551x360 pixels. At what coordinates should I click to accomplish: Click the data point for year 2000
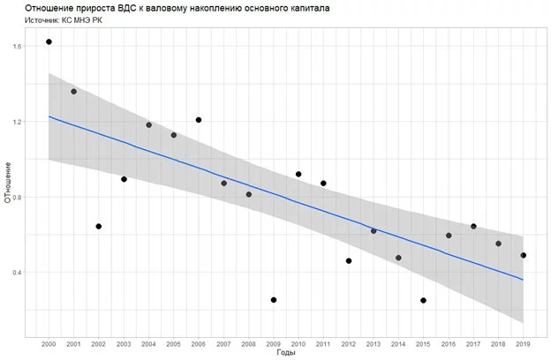(49, 41)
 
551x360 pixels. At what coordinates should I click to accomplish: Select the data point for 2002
(99, 226)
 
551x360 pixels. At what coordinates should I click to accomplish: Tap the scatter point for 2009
(274, 300)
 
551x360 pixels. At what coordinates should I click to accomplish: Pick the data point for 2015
(424, 300)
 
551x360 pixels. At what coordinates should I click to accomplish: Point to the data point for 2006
(199, 120)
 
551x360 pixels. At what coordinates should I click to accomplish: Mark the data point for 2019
(524, 255)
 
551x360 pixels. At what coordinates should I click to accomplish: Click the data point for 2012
(349, 261)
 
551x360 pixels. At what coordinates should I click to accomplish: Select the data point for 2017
(473, 226)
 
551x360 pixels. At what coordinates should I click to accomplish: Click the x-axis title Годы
(285, 352)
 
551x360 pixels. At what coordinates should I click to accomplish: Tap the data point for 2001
(74, 92)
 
